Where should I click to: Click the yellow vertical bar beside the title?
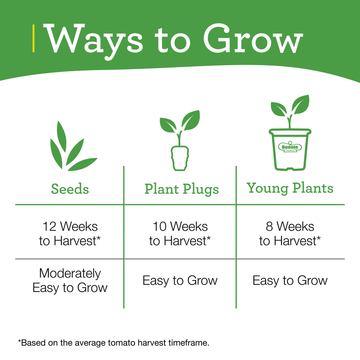coord(33,39)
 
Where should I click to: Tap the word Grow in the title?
coord(253,39)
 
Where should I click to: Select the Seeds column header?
coord(70,189)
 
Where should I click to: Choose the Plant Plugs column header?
coord(181,190)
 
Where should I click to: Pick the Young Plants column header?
coord(290,188)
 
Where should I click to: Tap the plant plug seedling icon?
coord(180,140)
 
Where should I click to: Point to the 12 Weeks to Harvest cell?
coord(70,234)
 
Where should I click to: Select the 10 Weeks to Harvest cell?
coord(180,234)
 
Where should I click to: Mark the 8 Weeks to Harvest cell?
coord(290,234)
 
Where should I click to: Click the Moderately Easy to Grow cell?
coord(70,280)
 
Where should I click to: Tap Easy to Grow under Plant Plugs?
coord(180,281)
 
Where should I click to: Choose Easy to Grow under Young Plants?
coord(290,281)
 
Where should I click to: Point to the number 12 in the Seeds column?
coord(49,226)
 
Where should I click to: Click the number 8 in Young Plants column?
coord(269,226)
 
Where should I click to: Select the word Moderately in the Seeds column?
coord(70,274)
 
